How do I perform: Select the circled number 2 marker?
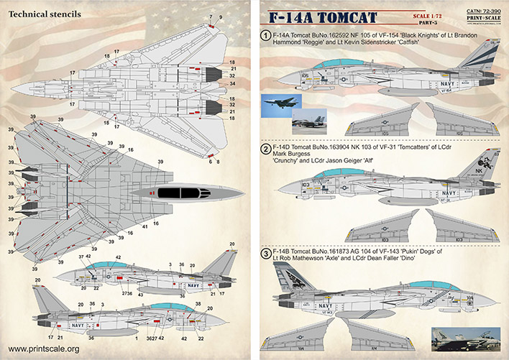[265, 149]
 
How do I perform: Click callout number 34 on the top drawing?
[232, 83]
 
